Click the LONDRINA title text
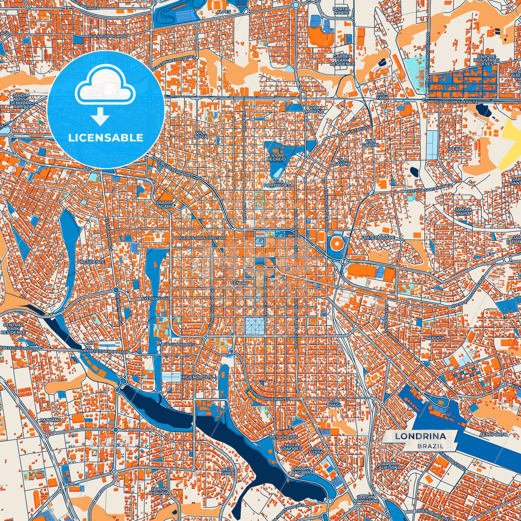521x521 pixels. click(420, 436)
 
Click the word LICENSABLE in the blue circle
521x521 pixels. click(106, 137)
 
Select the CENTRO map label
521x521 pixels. click(240, 283)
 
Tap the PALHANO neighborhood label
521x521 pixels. click(50, 420)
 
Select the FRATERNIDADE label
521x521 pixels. click(378, 238)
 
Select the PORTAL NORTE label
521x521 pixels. click(341, 11)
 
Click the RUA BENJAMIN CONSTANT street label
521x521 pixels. click(202, 238)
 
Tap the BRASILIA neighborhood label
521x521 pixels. click(435, 338)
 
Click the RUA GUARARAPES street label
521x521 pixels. click(178, 345)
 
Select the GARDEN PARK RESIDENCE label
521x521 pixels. click(342, 60)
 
